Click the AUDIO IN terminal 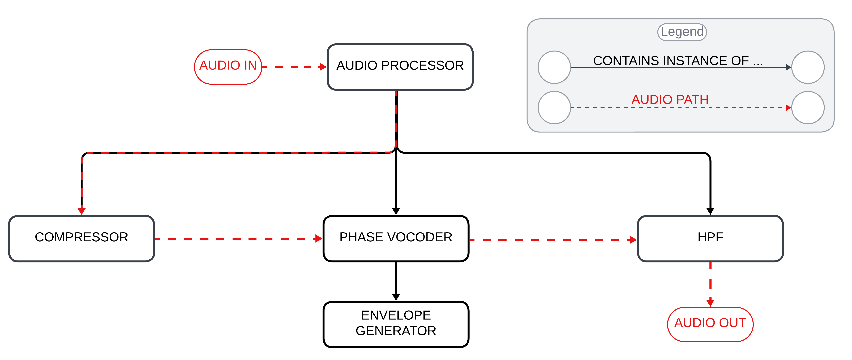click(228, 67)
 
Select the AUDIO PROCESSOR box click(400, 67)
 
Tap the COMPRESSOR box click(81, 238)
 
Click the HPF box click(710, 238)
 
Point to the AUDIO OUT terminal click(710, 324)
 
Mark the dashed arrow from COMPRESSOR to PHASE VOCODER click(238, 239)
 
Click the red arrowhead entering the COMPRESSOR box click(82, 211)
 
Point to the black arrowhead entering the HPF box click(710, 211)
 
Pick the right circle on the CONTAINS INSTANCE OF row click(808, 67)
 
